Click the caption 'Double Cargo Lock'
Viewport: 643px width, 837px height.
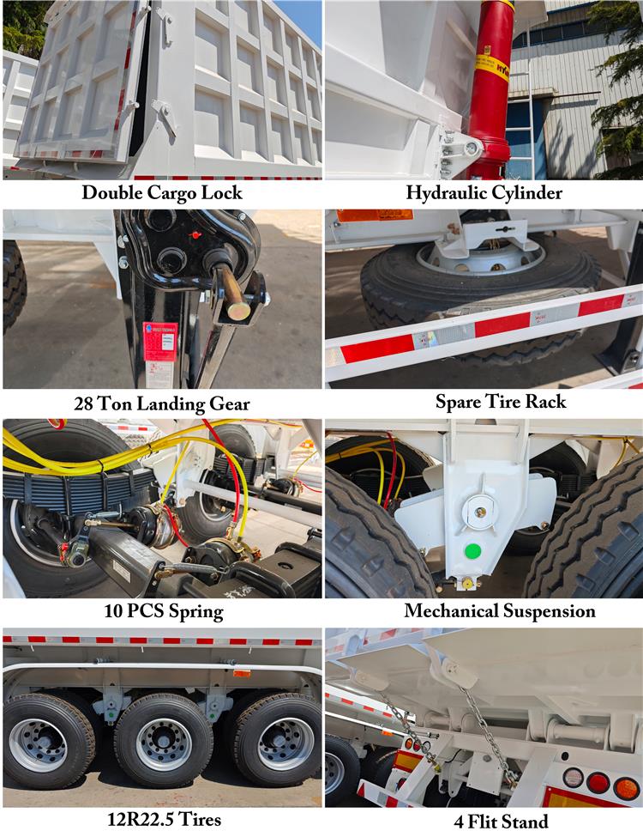coord(162,193)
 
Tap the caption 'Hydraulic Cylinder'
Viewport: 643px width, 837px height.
coord(484,193)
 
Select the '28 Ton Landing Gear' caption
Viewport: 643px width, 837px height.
coord(162,403)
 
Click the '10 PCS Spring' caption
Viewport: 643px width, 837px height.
coord(162,612)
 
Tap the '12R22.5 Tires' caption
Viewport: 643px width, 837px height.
coord(162,820)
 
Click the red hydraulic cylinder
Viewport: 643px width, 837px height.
coord(491,94)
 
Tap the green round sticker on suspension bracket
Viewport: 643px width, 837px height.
coord(471,551)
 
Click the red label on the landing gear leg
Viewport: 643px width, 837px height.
coord(159,341)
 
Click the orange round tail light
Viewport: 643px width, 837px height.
coord(627,787)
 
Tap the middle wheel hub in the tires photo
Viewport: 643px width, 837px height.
coord(164,743)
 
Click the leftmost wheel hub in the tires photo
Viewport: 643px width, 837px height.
coord(39,744)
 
